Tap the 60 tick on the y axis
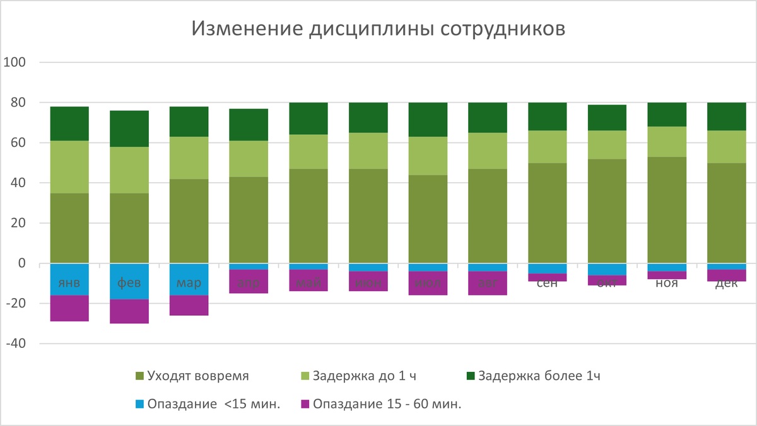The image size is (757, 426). coord(16,143)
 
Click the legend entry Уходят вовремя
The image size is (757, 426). coord(192,377)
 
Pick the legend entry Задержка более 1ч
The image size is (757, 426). coord(533,377)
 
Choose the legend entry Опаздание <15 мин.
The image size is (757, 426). coord(208,404)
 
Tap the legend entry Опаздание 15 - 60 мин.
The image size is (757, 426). coord(381,404)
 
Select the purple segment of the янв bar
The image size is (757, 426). coord(69,308)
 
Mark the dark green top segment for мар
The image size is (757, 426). coord(189,122)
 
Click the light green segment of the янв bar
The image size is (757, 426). coord(69,167)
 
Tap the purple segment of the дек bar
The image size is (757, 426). coord(726,275)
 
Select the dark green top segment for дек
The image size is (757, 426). coord(726,117)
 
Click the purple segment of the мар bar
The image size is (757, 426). coord(189,306)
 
